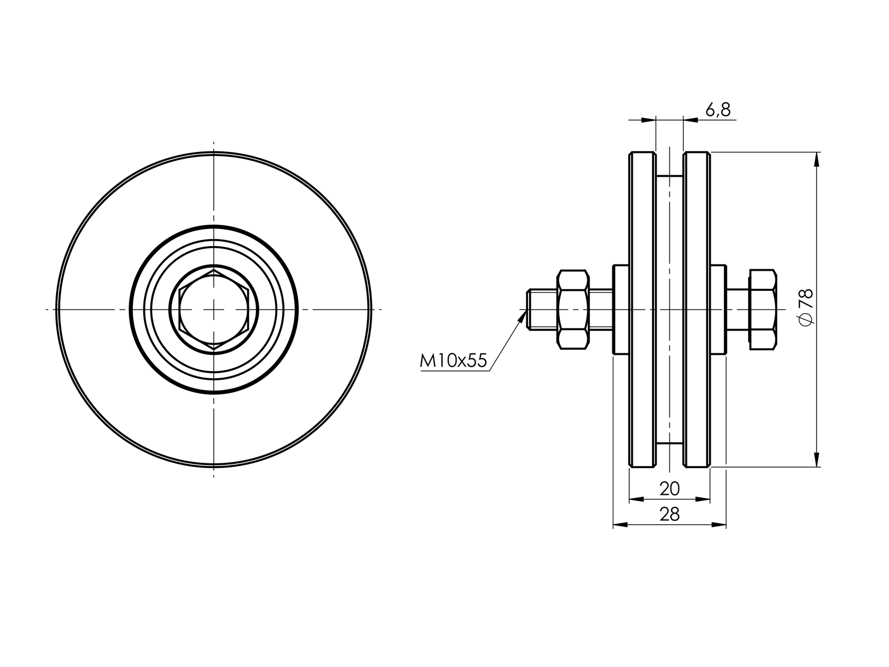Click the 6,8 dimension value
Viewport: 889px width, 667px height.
point(718,109)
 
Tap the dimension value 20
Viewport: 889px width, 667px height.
point(669,489)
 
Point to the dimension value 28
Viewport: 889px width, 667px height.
point(669,515)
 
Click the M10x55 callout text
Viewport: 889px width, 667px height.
point(453,361)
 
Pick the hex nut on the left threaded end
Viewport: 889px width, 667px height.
point(573,309)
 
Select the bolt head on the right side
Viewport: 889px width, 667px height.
point(763,309)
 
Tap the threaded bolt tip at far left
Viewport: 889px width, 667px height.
point(529,309)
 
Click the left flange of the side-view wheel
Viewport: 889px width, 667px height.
point(642,309)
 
